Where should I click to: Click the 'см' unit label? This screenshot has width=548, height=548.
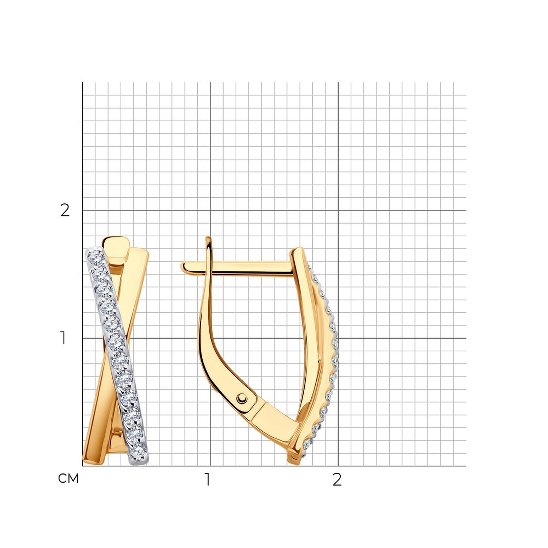68,479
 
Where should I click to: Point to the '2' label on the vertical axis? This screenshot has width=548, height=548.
65,210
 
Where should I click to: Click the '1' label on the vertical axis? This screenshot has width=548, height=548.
63,338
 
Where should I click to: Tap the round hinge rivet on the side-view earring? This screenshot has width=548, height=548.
242,398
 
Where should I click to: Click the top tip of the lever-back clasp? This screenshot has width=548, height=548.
208,238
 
